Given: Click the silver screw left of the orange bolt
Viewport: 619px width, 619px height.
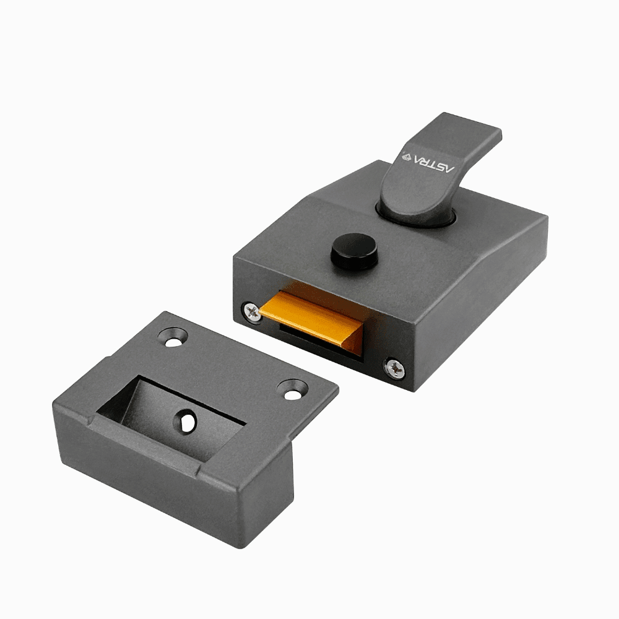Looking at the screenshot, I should [x=252, y=311].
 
